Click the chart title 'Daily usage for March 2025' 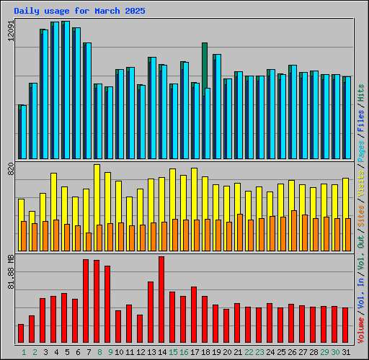click(79, 12)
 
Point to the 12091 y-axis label click(9, 32)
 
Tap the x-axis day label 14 click(161, 351)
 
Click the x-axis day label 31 click(346, 351)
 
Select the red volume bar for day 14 click(161, 300)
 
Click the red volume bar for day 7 click(86, 301)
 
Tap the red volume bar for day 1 click(21, 333)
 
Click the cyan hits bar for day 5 click(66, 90)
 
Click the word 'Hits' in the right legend click(361, 91)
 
